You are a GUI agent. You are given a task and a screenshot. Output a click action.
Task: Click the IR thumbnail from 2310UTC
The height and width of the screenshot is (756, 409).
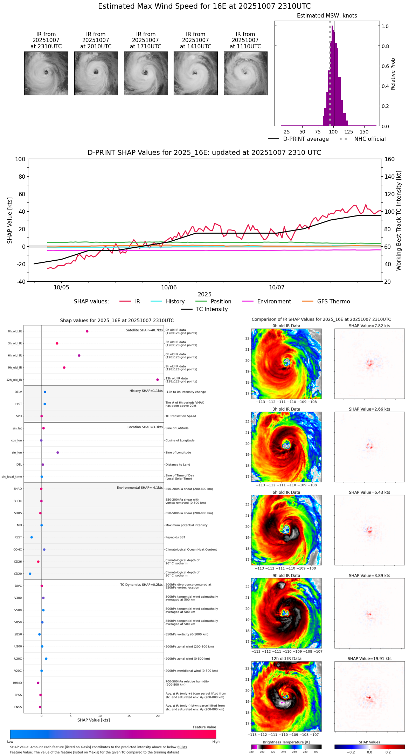click(46, 73)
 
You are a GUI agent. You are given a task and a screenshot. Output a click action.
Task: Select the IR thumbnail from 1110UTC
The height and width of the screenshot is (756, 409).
click(245, 73)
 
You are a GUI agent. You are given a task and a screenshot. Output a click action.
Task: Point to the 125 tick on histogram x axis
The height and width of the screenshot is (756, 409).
click(349, 132)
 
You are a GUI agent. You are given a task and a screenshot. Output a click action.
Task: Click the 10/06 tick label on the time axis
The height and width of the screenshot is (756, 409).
click(169, 288)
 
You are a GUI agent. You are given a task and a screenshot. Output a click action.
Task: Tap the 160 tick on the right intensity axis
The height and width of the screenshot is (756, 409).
click(389, 159)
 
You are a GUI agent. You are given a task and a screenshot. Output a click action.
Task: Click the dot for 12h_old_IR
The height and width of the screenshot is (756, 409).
click(158, 380)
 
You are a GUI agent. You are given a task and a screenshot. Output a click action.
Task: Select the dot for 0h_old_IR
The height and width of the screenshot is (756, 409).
click(87, 331)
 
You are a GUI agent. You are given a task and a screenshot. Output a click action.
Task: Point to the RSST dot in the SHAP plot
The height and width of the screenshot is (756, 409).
click(32, 537)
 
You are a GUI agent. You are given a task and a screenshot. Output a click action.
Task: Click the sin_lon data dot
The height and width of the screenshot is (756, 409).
click(58, 453)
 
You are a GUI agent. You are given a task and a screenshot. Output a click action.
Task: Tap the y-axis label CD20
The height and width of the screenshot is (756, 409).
click(18, 574)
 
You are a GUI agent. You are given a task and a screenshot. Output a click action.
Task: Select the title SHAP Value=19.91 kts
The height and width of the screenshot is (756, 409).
click(369, 659)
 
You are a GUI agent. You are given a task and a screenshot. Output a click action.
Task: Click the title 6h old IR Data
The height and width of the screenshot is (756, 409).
click(286, 492)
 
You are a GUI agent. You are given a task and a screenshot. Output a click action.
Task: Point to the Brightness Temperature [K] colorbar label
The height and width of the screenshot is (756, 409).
click(286, 742)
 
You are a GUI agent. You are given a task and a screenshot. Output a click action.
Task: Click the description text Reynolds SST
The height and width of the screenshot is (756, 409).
click(175, 537)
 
